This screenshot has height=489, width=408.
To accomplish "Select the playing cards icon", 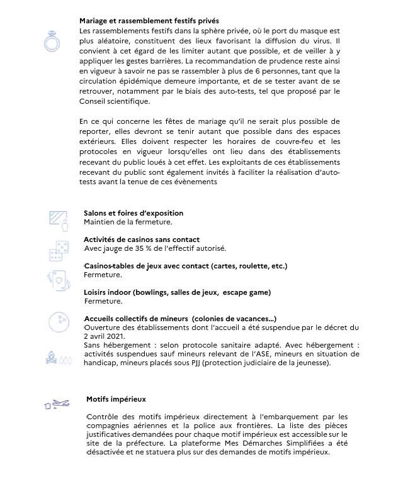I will tap(57, 279).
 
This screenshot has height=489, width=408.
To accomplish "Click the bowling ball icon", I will tap(59, 322).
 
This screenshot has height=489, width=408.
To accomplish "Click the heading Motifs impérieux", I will tap(116, 399).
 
